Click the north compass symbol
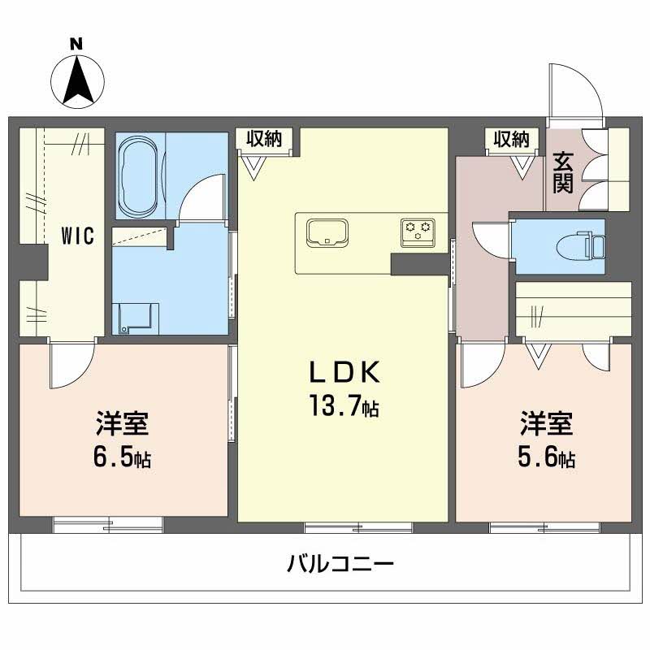coord(76,78)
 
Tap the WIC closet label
coord(79,236)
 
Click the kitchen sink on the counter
coord(327,231)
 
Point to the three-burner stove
coord(418,230)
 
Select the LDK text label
coord(342,371)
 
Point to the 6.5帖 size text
coord(122,457)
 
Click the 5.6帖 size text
coord(546,457)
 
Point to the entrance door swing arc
coord(579,90)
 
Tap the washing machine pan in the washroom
coord(136,318)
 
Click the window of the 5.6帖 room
coord(544,526)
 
